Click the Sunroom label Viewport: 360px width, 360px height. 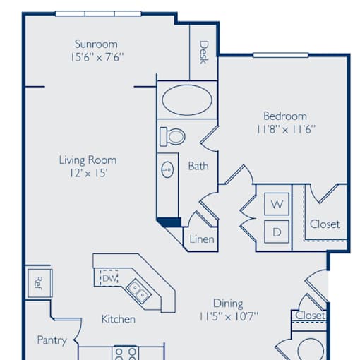[96, 44]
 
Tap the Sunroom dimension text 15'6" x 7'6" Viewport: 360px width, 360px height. [97, 57]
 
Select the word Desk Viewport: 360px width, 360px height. [204, 52]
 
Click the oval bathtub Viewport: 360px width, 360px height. [187, 100]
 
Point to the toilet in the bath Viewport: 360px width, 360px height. [172, 136]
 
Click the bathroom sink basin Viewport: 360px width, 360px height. [167, 169]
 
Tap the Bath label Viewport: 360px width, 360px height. [198, 167]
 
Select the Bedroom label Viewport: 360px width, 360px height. [285, 116]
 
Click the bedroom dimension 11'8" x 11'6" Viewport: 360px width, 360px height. [285, 129]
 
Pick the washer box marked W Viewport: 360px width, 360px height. [277, 204]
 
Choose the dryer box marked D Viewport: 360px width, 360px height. [277, 232]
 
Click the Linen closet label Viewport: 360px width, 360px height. [202, 239]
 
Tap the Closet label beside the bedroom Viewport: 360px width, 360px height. [325, 224]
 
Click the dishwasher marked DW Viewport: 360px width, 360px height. [109, 278]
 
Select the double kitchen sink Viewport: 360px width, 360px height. [138, 290]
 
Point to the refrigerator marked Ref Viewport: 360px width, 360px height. [40, 283]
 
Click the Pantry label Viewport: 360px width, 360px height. [52, 340]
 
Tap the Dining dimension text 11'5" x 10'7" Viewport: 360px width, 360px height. [229, 316]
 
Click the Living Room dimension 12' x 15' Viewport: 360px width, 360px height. [88, 173]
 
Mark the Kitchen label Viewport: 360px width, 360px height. [119, 319]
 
